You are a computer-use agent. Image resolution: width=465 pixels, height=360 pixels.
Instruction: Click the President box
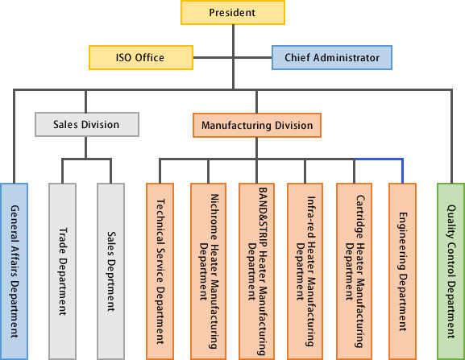(x=233, y=12)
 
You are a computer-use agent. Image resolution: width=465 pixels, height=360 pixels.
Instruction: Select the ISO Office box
(x=141, y=57)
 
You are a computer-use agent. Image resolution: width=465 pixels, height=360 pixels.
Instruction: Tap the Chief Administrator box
(x=332, y=57)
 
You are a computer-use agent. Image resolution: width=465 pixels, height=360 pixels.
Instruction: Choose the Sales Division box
(x=87, y=125)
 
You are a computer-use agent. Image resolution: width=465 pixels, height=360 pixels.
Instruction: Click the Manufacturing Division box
(x=257, y=125)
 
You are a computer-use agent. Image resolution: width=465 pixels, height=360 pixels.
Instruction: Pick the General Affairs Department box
(x=14, y=271)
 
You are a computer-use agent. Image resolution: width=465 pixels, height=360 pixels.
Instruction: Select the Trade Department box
(x=62, y=271)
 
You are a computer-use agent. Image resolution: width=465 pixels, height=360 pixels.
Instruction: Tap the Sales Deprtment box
(x=111, y=271)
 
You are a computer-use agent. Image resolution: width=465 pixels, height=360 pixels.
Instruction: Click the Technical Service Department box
(x=160, y=271)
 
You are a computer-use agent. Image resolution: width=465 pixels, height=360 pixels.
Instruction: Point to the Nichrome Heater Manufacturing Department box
(x=208, y=271)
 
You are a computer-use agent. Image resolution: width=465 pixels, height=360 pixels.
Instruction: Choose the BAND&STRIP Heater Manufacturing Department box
(x=256, y=271)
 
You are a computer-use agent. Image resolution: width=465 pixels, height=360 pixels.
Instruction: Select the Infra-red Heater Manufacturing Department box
(x=305, y=271)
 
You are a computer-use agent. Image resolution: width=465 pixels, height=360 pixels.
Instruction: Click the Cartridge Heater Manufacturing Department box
(x=354, y=271)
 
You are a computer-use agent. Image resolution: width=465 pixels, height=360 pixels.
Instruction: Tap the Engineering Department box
(x=402, y=271)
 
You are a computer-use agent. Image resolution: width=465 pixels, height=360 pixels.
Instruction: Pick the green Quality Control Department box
(x=451, y=271)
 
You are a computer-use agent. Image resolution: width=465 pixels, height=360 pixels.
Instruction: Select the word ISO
(x=123, y=57)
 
